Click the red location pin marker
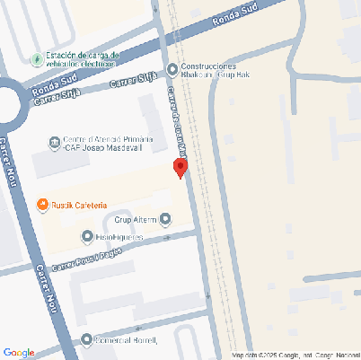tap(180, 167)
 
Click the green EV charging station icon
tap(35, 59)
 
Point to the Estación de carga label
tap(81, 59)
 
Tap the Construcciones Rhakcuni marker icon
tap(172, 70)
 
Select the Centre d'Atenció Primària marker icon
tap(54, 142)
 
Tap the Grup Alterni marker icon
tap(164, 219)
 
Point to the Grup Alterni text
tap(135, 219)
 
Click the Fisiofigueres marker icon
tap(87, 237)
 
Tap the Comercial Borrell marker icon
tap(87, 340)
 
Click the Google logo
tap(19, 352)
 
